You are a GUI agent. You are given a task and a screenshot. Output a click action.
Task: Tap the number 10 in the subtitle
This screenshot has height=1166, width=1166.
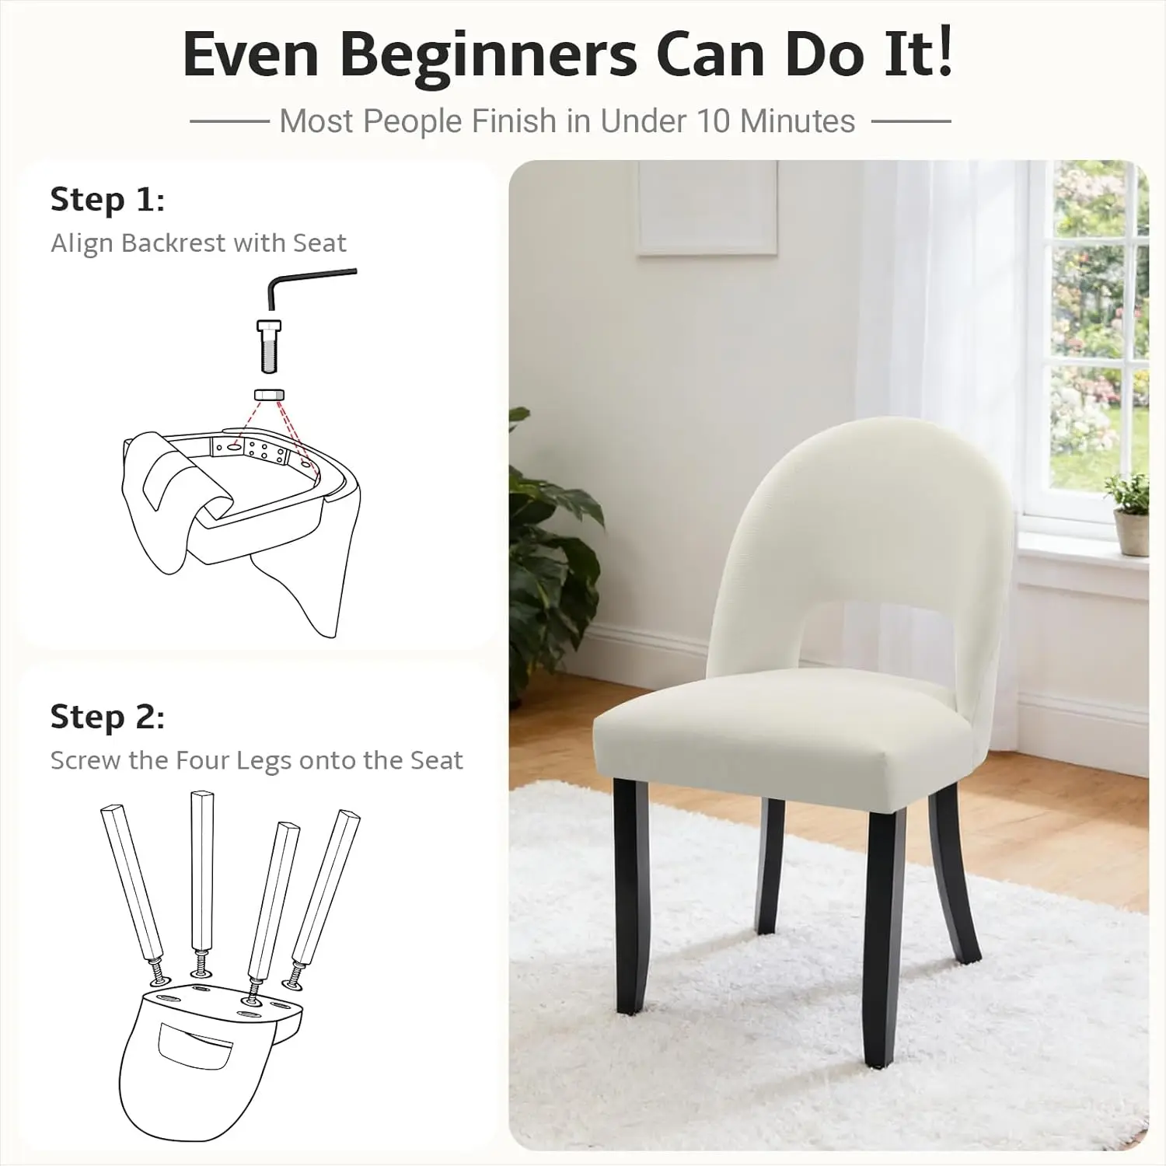pos(714,121)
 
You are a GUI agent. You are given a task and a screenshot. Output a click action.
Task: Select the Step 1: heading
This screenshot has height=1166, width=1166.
pos(107,200)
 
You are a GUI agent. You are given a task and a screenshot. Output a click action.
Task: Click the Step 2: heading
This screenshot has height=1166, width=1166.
pos(107,717)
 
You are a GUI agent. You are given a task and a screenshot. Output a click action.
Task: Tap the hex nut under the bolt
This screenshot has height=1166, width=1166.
pos(269,394)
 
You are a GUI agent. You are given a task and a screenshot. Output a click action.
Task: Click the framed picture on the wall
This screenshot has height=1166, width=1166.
pos(707,207)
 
